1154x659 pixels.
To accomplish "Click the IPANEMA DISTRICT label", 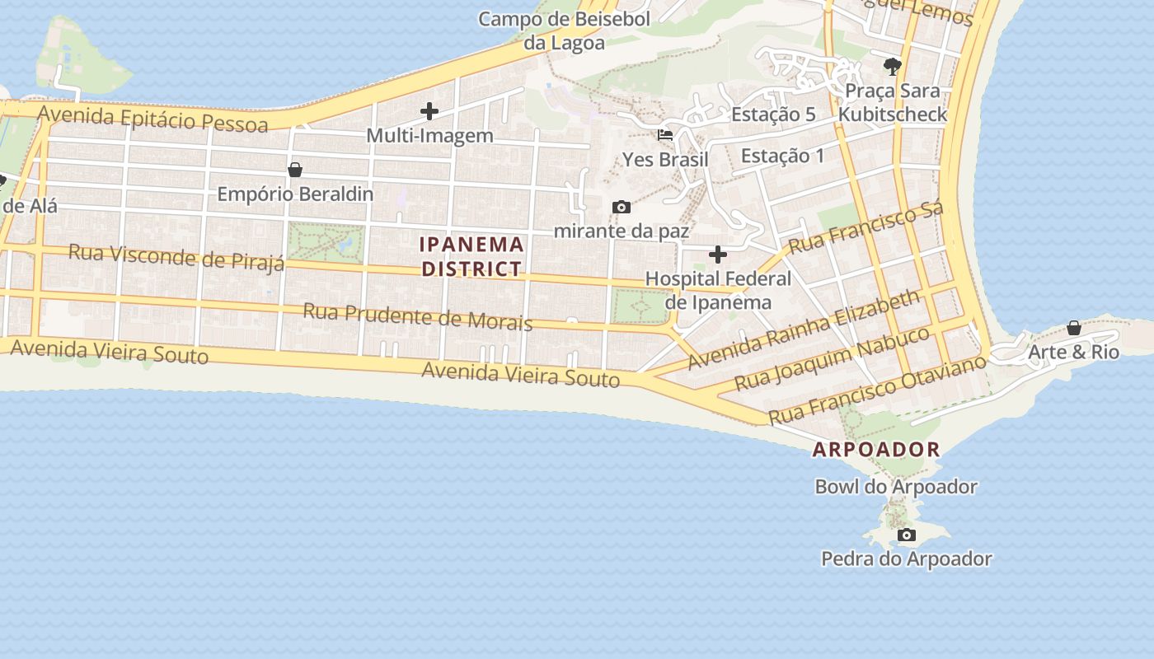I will pos(471,256).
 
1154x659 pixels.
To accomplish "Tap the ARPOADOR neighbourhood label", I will pos(876,450).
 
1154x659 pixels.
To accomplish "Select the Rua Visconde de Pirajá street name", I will pos(176,256).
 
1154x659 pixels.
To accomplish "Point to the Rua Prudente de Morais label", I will pos(417,316).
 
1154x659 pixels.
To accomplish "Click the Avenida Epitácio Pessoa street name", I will pos(153,119).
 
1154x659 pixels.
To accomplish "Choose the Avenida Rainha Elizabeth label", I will pos(804,329).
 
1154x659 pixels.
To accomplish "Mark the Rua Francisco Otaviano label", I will pos(877,390).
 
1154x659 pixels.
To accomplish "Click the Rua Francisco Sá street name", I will pos(865,228).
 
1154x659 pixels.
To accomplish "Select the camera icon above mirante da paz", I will pos(622,207).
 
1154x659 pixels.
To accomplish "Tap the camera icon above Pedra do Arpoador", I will pos(906,535).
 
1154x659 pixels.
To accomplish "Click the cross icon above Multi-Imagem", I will pos(429,111).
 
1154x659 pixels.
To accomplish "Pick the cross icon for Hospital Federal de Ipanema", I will pos(718,255).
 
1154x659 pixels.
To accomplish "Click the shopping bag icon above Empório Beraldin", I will pos(294,170).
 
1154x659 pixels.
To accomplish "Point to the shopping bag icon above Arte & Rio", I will pos(1073,328).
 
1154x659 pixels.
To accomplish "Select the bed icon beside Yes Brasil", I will pos(665,134).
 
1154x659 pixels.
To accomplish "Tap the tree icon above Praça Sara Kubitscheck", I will pos(892,66).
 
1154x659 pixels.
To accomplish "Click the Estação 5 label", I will pos(773,115).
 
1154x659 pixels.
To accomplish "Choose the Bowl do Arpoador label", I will pos(896,487).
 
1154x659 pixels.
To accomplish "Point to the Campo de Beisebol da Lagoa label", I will pos(565,30).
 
